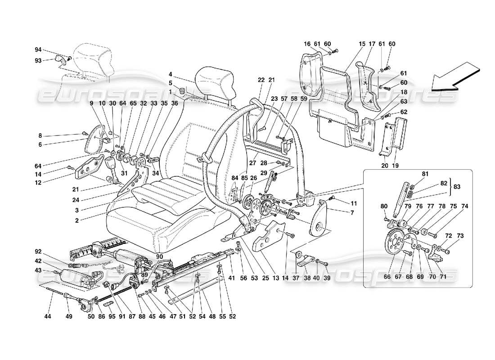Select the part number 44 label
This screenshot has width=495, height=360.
(48, 317)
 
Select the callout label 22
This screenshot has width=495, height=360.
(261, 80)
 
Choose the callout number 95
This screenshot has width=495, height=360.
(107, 317)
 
